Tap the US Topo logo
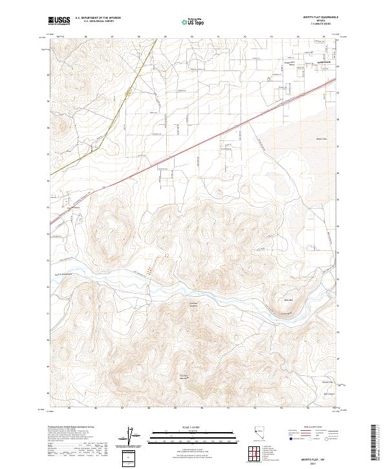[x=186, y=21]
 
